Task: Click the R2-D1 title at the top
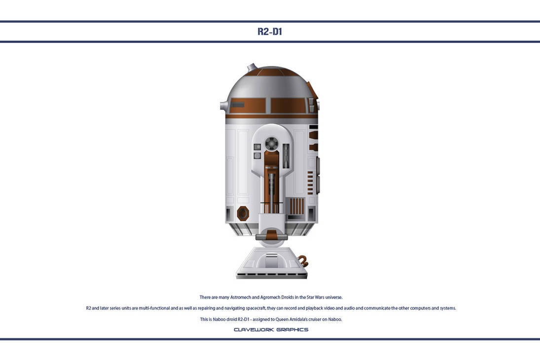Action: tap(270, 32)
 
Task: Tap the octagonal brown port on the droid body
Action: tap(243, 213)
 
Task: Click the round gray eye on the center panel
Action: tap(271, 144)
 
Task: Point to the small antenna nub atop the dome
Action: tap(252, 67)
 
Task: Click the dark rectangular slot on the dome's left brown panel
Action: tap(238, 105)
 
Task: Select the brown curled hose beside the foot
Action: tap(303, 261)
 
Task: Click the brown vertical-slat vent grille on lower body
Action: tap(297, 206)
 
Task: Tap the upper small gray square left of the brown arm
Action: tap(257, 146)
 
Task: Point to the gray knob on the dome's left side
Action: tap(223, 105)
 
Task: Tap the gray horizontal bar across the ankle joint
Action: tap(271, 237)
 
